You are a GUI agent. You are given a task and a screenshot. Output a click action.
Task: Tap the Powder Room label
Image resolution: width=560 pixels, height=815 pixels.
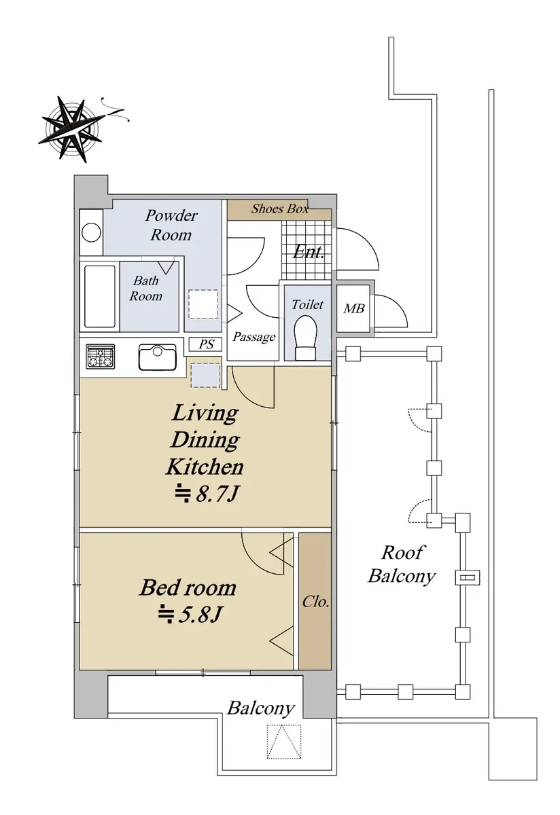pos(171,225)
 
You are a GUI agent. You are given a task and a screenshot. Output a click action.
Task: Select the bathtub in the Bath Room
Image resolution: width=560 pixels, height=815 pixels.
pos(100,297)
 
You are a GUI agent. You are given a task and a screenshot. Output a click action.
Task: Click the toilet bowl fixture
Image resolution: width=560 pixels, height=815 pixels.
pos(306,338)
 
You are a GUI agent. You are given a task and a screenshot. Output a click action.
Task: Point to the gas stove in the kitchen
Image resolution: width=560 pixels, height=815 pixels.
pos(101,355)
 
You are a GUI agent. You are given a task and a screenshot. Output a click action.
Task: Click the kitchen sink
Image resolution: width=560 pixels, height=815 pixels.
pos(157,357)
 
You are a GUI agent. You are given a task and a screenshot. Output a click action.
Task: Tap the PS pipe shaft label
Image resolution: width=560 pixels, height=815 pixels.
pos(206,344)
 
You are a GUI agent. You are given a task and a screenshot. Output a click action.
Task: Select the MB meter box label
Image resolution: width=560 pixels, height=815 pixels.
pos(354,309)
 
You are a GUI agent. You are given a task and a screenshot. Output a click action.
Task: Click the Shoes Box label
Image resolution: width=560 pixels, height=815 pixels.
pos(279,209)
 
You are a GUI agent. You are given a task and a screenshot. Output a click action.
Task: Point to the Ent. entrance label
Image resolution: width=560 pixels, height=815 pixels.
pos(308,252)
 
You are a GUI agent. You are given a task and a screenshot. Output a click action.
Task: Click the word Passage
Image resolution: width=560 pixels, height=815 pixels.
pos(253,337)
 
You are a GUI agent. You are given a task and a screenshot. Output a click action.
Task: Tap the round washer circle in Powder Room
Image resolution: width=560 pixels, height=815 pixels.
pos(91,232)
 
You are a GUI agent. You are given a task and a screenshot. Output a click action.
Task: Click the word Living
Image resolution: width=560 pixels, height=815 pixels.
pos(205,414)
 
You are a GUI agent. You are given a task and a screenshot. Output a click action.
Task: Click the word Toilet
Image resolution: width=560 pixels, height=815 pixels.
pos(307,304)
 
